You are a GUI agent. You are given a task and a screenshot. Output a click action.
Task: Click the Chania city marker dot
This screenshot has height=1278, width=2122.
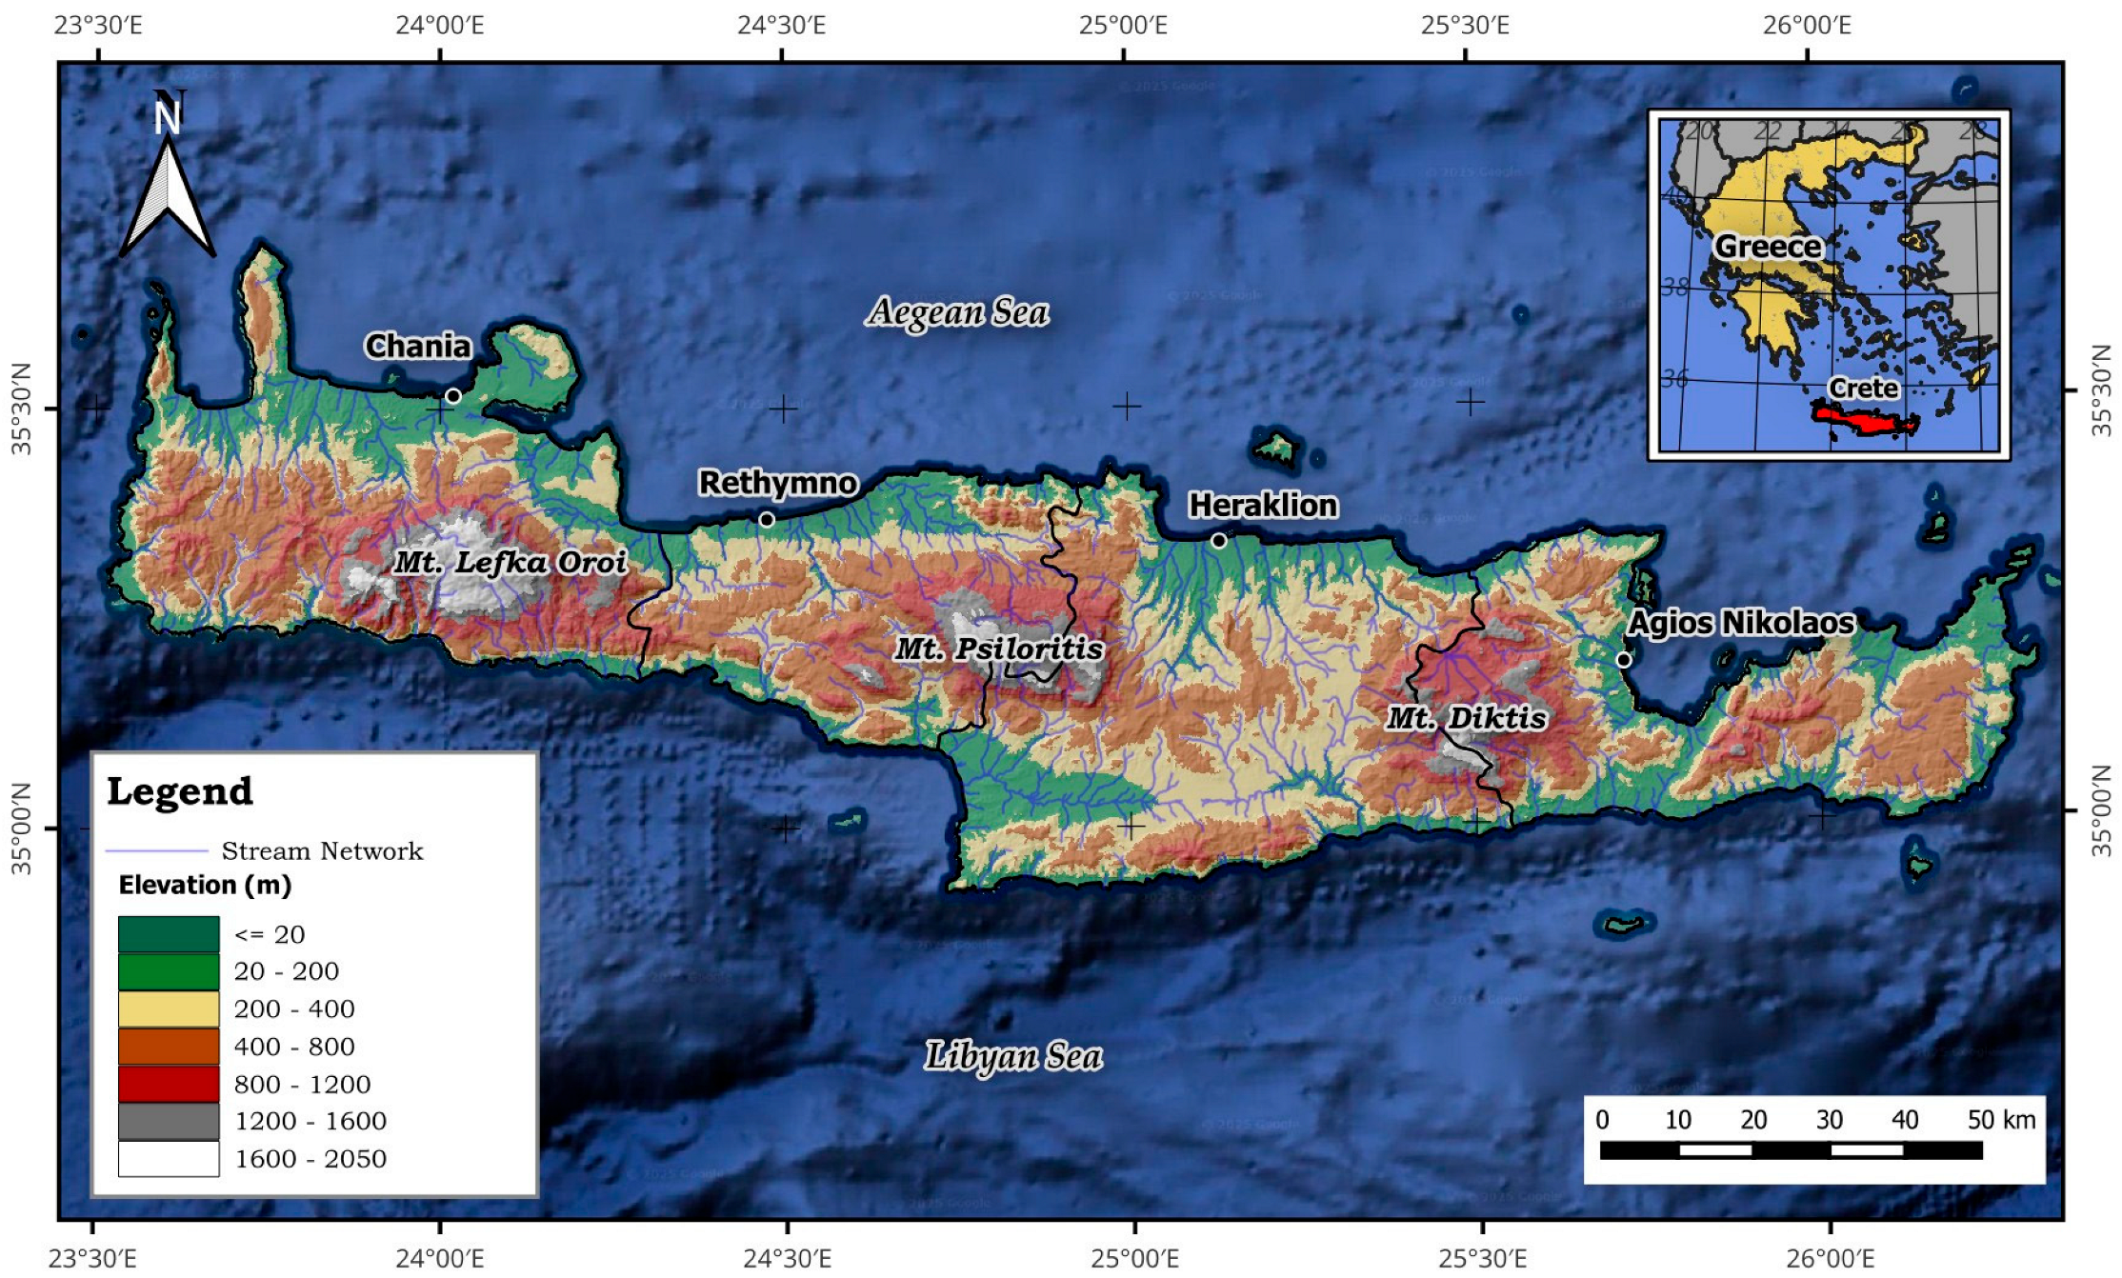click(453, 396)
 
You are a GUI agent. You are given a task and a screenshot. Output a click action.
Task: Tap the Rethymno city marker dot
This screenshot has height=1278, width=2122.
click(767, 520)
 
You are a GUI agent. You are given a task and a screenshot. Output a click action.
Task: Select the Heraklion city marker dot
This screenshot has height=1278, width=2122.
click(1219, 541)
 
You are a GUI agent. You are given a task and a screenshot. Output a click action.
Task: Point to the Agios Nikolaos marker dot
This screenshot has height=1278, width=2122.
click(1624, 660)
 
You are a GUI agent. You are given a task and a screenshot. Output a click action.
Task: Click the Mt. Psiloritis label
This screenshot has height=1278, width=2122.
click(999, 649)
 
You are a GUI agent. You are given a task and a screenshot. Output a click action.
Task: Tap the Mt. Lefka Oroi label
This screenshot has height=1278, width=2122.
click(510, 563)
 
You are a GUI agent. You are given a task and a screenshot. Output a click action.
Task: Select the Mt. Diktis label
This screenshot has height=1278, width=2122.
click(1467, 718)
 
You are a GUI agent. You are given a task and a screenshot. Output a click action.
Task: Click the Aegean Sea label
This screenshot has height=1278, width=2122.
click(958, 312)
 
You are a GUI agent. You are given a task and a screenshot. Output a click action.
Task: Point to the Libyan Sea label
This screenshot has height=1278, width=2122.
click(1013, 1056)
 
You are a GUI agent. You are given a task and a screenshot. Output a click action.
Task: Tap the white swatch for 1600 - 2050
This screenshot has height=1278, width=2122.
click(169, 1159)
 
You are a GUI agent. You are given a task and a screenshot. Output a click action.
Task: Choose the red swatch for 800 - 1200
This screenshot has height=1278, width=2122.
click(169, 1084)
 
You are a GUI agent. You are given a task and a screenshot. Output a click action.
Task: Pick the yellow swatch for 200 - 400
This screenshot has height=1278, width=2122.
click(169, 1008)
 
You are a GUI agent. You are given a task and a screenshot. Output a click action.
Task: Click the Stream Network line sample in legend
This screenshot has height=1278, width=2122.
click(156, 850)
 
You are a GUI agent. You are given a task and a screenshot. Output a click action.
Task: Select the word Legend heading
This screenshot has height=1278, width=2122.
click(180, 791)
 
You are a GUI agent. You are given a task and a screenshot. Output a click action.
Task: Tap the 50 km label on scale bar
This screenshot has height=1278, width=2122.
click(2001, 1120)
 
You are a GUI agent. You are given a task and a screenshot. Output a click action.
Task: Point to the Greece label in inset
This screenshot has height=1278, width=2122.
click(1768, 247)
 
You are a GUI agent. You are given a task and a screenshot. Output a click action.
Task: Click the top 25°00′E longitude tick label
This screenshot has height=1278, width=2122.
click(1123, 25)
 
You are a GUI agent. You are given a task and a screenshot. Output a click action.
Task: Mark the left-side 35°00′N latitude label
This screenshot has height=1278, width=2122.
click(21, 828)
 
